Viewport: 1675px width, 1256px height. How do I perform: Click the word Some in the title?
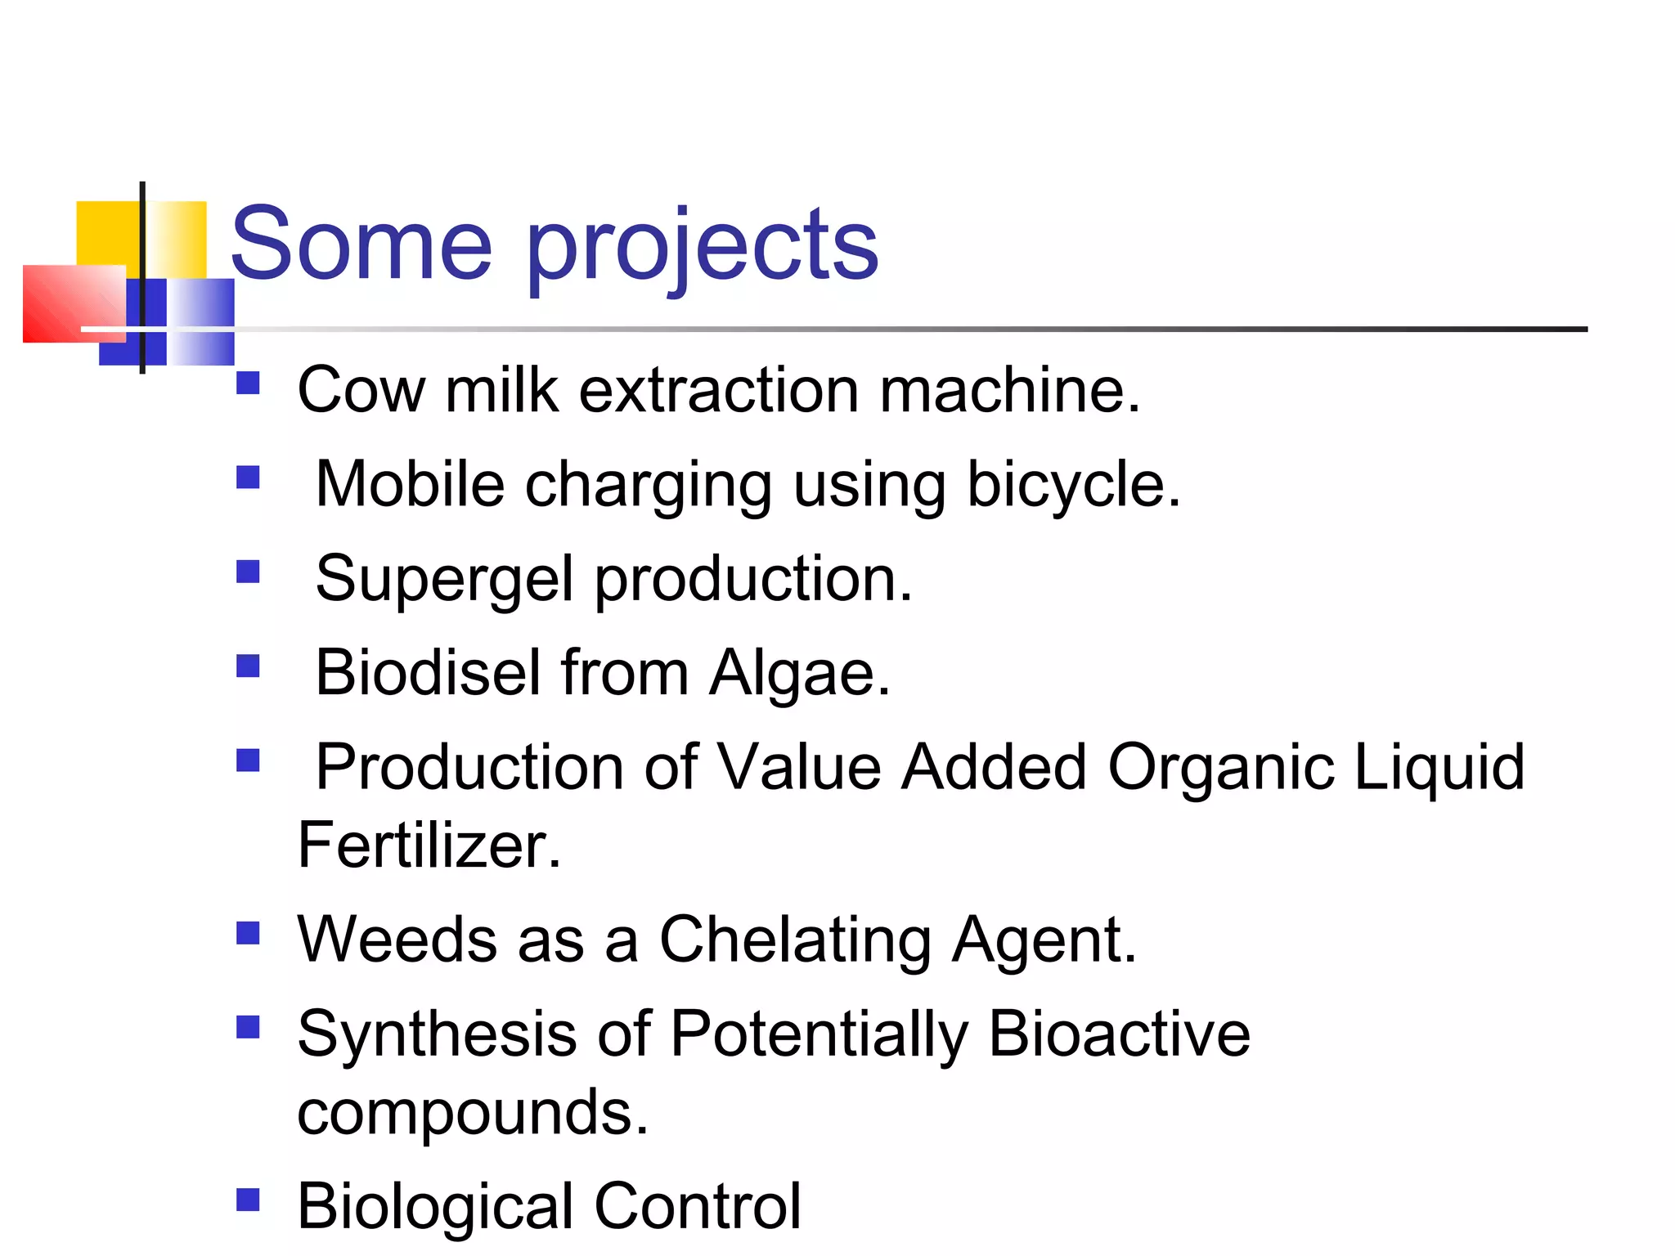pos(361,243)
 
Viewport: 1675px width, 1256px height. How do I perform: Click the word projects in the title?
pos(703,245)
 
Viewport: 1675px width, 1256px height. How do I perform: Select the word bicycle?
pos(1074,484)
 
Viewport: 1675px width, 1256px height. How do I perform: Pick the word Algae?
pos(799,674)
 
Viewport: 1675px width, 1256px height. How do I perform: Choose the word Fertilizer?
pos(429,845)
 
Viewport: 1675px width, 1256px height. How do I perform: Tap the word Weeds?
pos(397,939)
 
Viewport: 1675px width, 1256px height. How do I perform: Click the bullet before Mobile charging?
pos(248,477)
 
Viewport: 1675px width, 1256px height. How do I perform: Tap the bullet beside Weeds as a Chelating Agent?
pos(248,933)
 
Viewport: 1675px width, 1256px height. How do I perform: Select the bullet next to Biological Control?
pos(248,1200)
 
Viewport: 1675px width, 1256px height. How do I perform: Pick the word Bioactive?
pos(1119,1034)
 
